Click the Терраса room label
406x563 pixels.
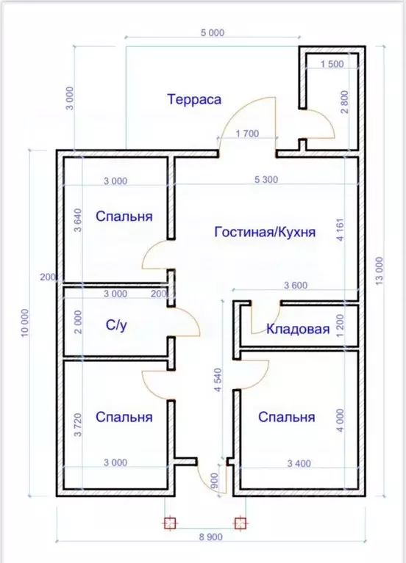click(x=194, y=99)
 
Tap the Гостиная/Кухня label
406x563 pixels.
click(x=265, y=232)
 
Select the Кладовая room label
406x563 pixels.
click(x=298, y=329)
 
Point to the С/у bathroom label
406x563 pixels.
click(x=117, y=324)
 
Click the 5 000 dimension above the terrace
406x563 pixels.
click(x=212, y=33)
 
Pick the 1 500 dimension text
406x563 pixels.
click(x=332, y=65)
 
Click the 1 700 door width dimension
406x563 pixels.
click(x=247, y=134)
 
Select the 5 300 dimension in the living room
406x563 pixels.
click(x=266, y=181)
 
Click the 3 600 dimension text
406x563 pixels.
click(x=295, y=286)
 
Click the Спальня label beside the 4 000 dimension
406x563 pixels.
click(x=286, y=417)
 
